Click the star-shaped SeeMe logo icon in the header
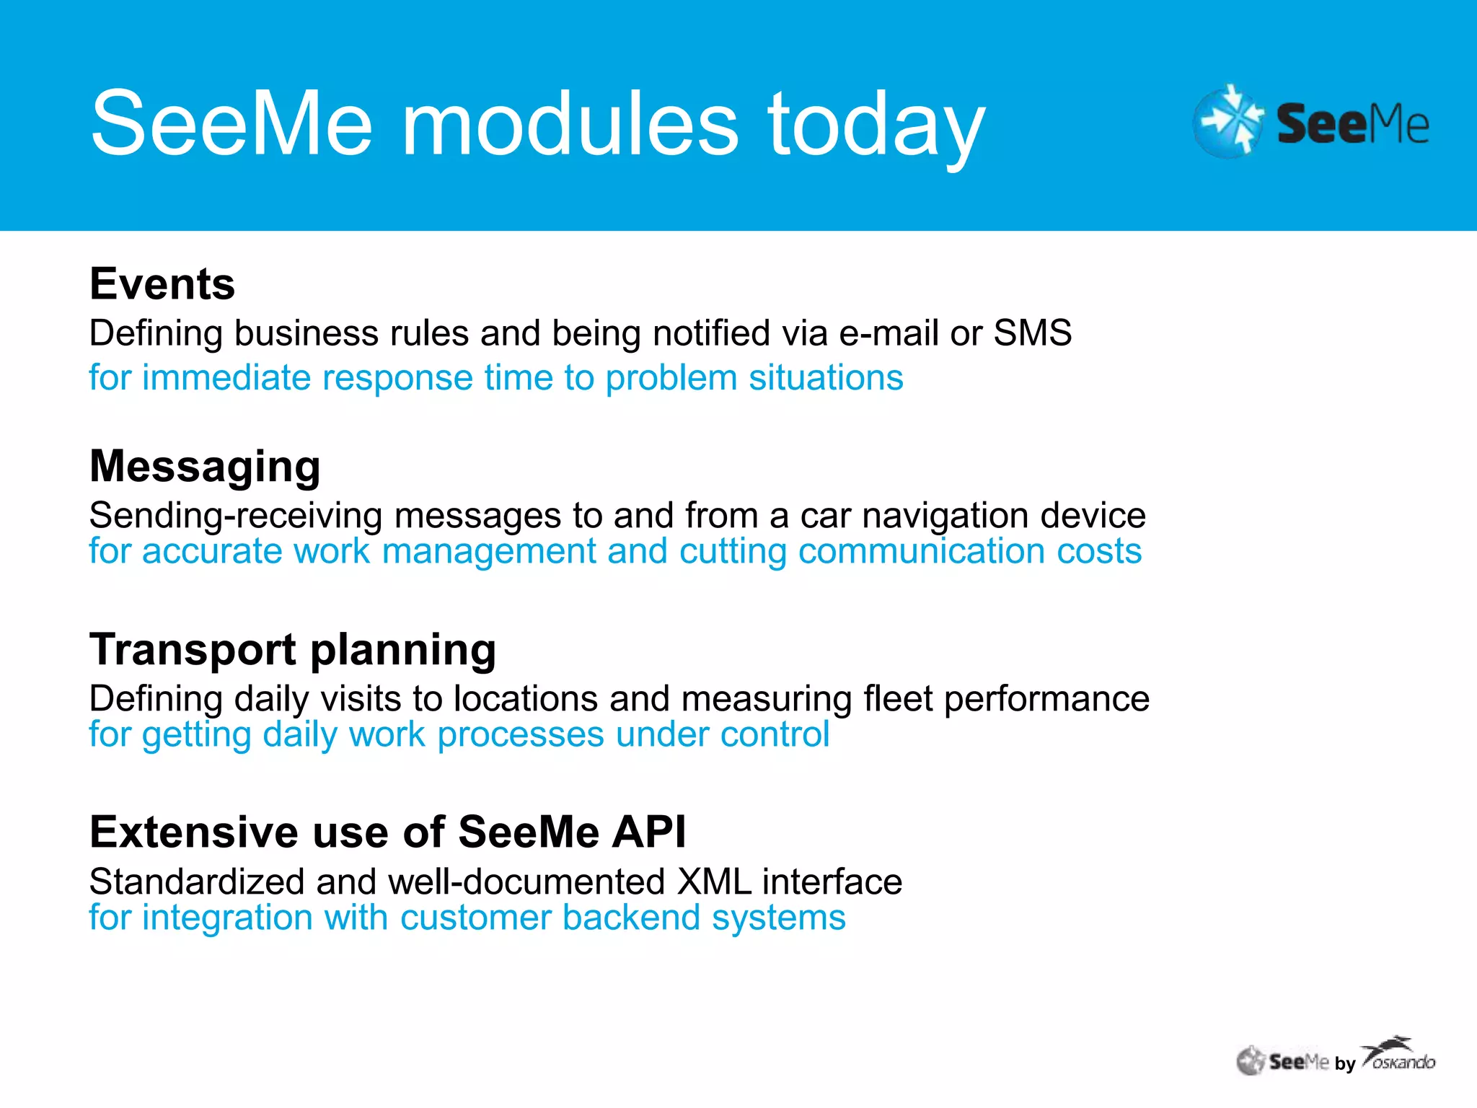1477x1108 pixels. tap(1228, 121)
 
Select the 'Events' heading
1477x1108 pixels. tap(162, 283)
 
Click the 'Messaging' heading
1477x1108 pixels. tap(205, 466)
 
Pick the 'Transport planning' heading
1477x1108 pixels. tap(293, 649)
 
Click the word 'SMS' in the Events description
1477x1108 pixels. tap(1032, 333)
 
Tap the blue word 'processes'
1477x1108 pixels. tap(520, 734)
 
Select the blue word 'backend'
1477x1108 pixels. tap(631, 918)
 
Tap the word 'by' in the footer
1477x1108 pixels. tap(1345, 1064)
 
